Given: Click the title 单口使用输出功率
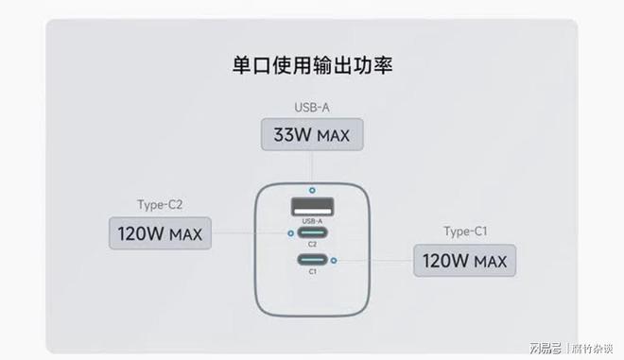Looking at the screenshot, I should click(x=312, y=66).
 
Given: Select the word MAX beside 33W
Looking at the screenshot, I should click(x=333, y=136).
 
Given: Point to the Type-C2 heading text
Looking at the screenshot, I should click(x=160, y=202).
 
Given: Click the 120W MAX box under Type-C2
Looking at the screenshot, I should click(x=160, y=232).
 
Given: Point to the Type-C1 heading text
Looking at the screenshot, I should click(x=464, y=231).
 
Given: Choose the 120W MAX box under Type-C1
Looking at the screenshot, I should click(x=464, y=261).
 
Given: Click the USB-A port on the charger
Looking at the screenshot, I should click(x=311, y=207).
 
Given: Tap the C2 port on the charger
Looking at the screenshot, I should click(x=311, y=233).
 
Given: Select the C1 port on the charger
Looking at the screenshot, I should click(x=311, y=261).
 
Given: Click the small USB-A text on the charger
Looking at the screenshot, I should click(x=311, y=221).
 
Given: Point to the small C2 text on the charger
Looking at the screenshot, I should click(x=311, y=245).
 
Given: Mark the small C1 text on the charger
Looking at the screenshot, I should click(x=311, y=272).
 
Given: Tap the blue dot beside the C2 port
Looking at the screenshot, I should click(x=289, y=233).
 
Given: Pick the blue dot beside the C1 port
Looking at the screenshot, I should click(x=334, y=261).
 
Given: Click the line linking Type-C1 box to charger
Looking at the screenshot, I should click(x=374, y=261).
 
